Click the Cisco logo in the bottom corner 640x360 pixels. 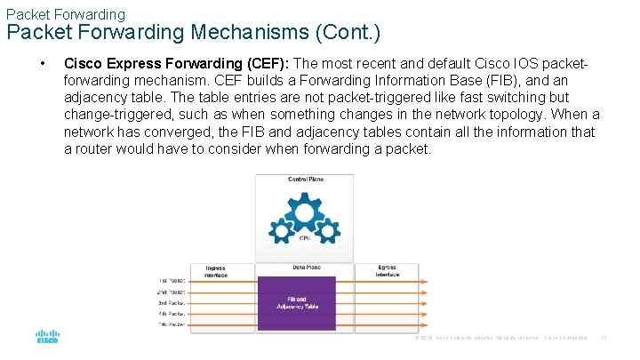click(x=46, y=338)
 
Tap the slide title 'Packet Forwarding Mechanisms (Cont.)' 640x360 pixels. click(x=194, y=33)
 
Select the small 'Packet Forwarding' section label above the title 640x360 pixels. click(x=65, y=14)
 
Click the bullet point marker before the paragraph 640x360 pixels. click(x=42, y=64)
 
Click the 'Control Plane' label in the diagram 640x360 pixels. click(x=305, y=180)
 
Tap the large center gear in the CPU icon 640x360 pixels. click(x=305, y=214)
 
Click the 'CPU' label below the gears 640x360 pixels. click(x=305, y=237)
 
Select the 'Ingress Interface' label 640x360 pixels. click(x=215, y=271)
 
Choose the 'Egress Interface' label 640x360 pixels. click(x=387, y=271)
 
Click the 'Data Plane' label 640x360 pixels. click(x=306, y=268)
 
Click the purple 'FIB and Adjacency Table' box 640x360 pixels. click(x=296, y=303)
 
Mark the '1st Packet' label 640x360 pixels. click(x=171, y=281)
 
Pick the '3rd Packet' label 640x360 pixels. click(x=171, y=303)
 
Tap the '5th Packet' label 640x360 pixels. click(x=171, y=324)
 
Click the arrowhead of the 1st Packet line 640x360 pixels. click(x=425, y=282)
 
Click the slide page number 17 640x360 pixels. click(x=604, y=339)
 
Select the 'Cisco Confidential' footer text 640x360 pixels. click(x=565, y=339)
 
